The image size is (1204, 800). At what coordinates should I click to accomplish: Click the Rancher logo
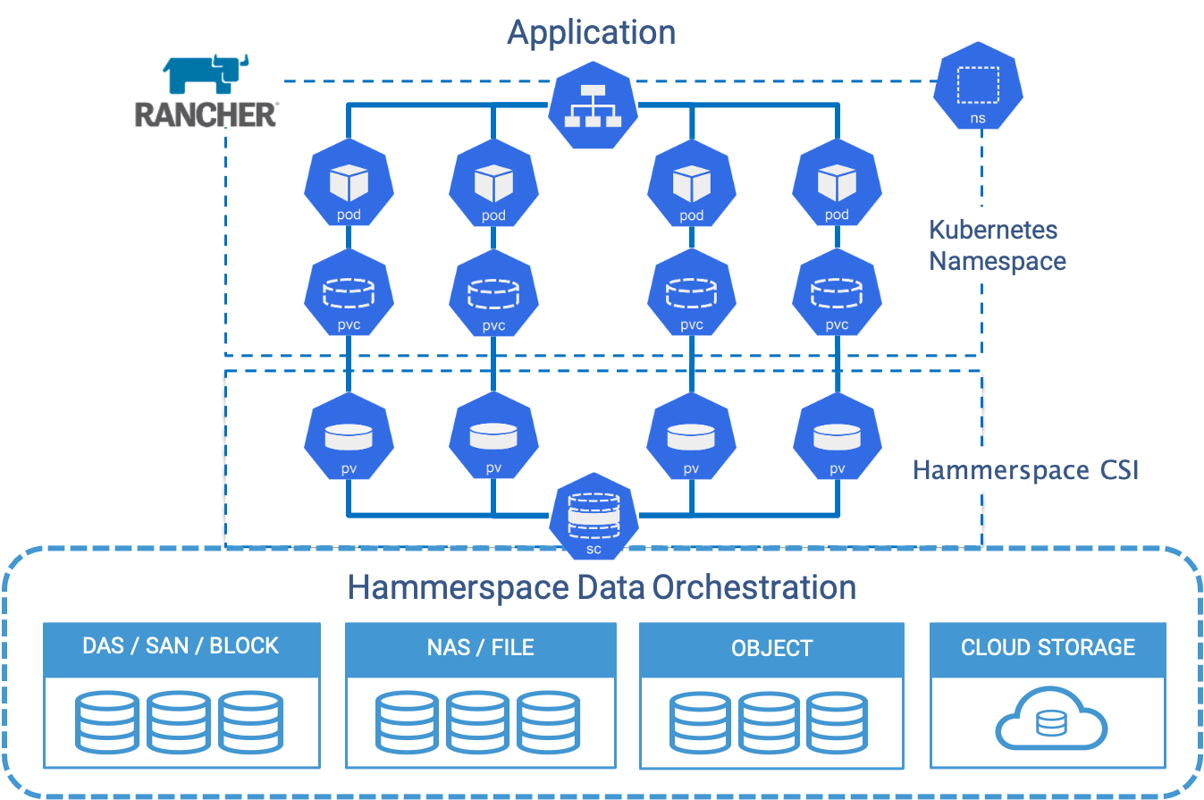pos(206,90)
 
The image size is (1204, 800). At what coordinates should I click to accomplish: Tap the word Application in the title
pos(591,32)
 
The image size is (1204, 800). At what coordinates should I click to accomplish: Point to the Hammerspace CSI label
pos(1025,470)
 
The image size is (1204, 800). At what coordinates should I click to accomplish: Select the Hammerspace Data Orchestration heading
pos(602,587)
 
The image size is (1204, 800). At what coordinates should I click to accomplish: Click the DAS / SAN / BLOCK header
pos(181,646)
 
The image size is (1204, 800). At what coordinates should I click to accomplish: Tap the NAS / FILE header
pos(480,647)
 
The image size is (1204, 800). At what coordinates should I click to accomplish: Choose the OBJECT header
pos(771,648)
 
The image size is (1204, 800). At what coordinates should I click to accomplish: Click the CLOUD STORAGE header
pos(1048,647)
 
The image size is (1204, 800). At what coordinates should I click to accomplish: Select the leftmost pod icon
pos(349,189)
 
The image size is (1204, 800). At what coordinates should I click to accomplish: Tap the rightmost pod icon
pos(837,189)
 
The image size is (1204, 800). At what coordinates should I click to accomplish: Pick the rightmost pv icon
pos(837,441)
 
